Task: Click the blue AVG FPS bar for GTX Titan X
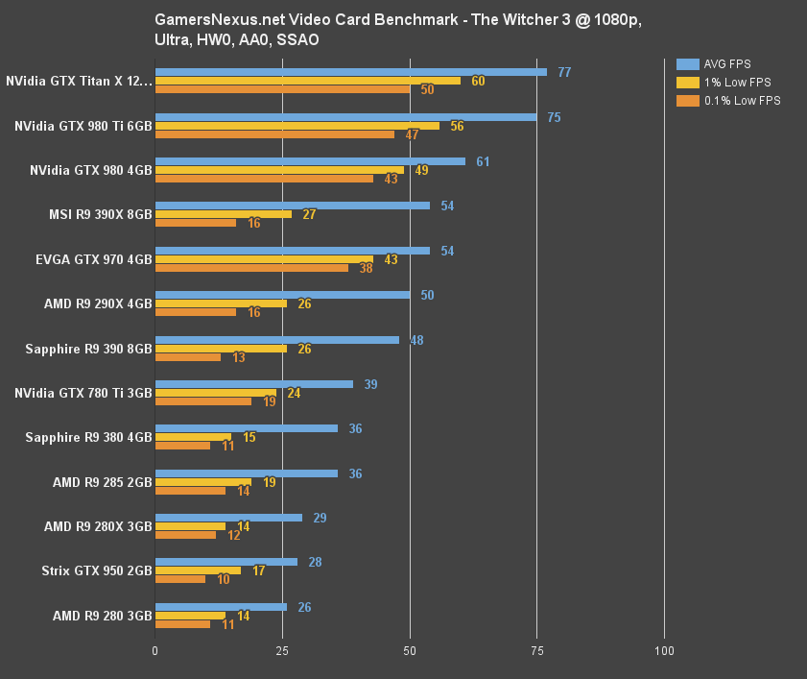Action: (350, 72)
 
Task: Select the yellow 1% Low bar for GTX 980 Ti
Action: (297, 126)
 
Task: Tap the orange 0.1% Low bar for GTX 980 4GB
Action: (264, 179)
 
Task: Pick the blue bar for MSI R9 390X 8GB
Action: (293, 206)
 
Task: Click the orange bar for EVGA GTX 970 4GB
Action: (251, 268)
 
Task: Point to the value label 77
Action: (564, 72)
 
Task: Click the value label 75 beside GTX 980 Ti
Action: (554, 117)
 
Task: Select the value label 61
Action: (483, 161)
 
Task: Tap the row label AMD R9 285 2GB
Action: (103, 482)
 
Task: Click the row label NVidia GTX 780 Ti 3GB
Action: (83, 393)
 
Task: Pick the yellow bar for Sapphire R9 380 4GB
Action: (192, 437)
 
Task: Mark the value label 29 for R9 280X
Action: (320, 518)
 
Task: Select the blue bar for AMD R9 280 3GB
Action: (221, 607)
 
